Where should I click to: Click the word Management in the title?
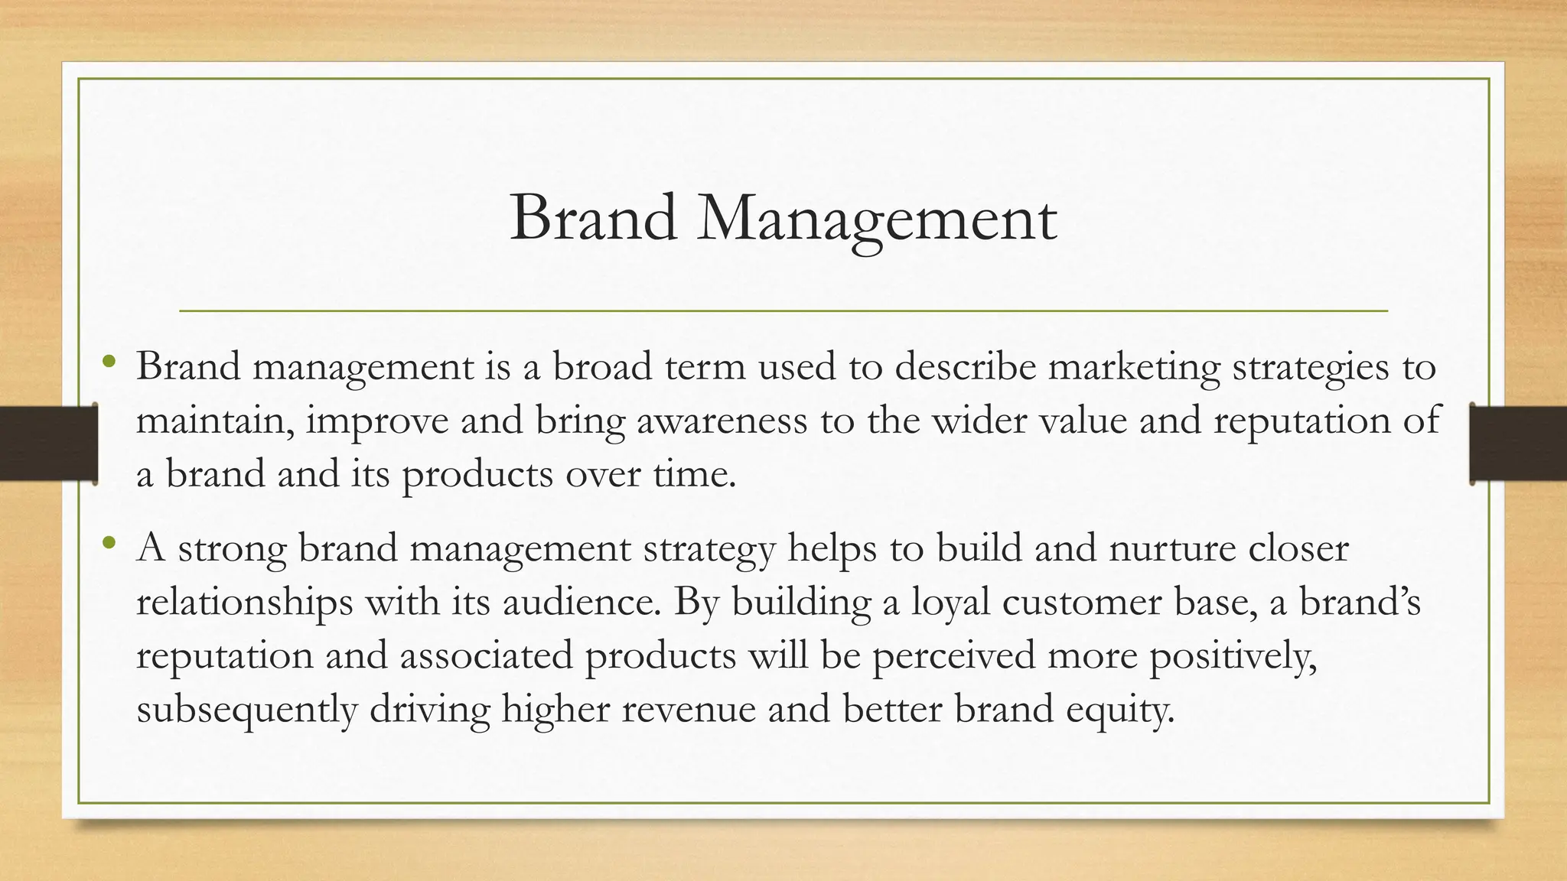coord(877,219)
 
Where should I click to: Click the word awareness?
coord(722,421)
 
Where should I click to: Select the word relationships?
coord(244,603)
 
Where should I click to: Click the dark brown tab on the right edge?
coord(1518,444)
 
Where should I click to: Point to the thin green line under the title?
coord(783,311)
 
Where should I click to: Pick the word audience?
coord(582,603)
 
